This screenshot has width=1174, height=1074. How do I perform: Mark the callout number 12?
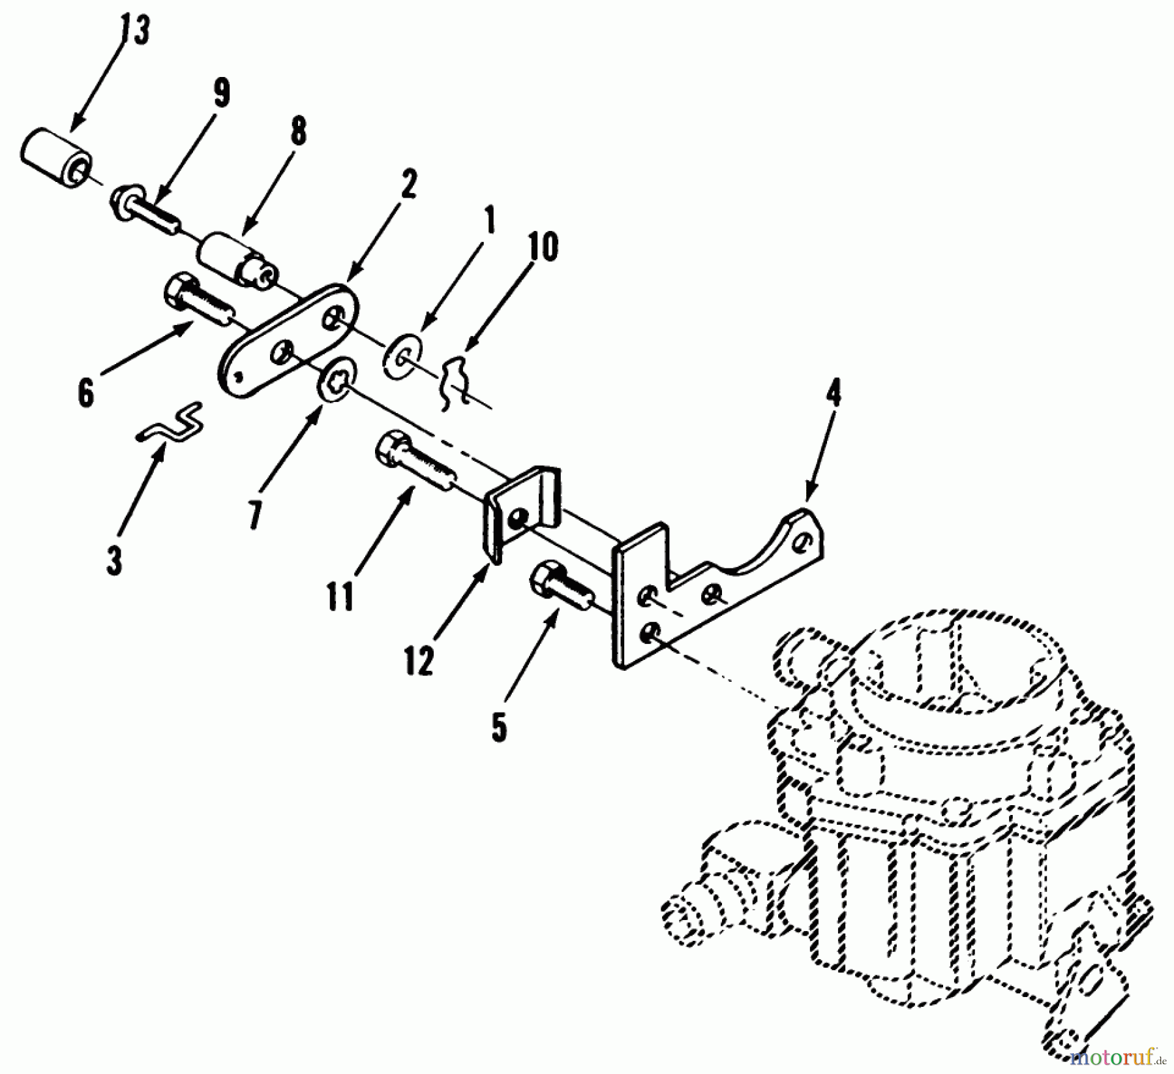click(x=418, y=662)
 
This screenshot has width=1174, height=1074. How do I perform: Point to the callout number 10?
click(x=543, y=247)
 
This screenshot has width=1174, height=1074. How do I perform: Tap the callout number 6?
click(x=85, y=393)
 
